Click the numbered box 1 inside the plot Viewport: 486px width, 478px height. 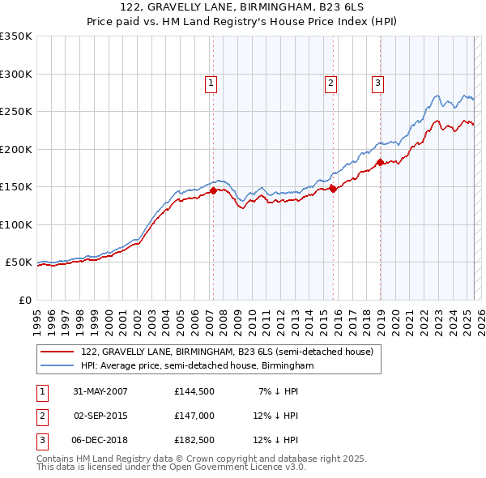point(211,81)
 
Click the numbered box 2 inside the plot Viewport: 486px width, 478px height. point(331,81)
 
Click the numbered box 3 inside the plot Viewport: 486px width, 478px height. point(377,81)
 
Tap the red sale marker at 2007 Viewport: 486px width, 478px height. point(214,191)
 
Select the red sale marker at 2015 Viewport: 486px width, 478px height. point(333,189)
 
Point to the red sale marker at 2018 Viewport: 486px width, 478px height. point(380,162)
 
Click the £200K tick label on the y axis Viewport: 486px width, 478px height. point(15,149)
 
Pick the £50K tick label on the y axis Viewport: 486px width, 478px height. point(19,262)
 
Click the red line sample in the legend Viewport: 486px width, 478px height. point(58,352)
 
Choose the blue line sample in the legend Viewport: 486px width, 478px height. point(58,365)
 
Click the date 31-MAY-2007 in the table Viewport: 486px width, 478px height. point(100,391)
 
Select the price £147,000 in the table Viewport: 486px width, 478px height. point(194,416)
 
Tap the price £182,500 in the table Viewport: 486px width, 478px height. point(194,440)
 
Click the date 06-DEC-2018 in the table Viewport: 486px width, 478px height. point(100,440)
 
